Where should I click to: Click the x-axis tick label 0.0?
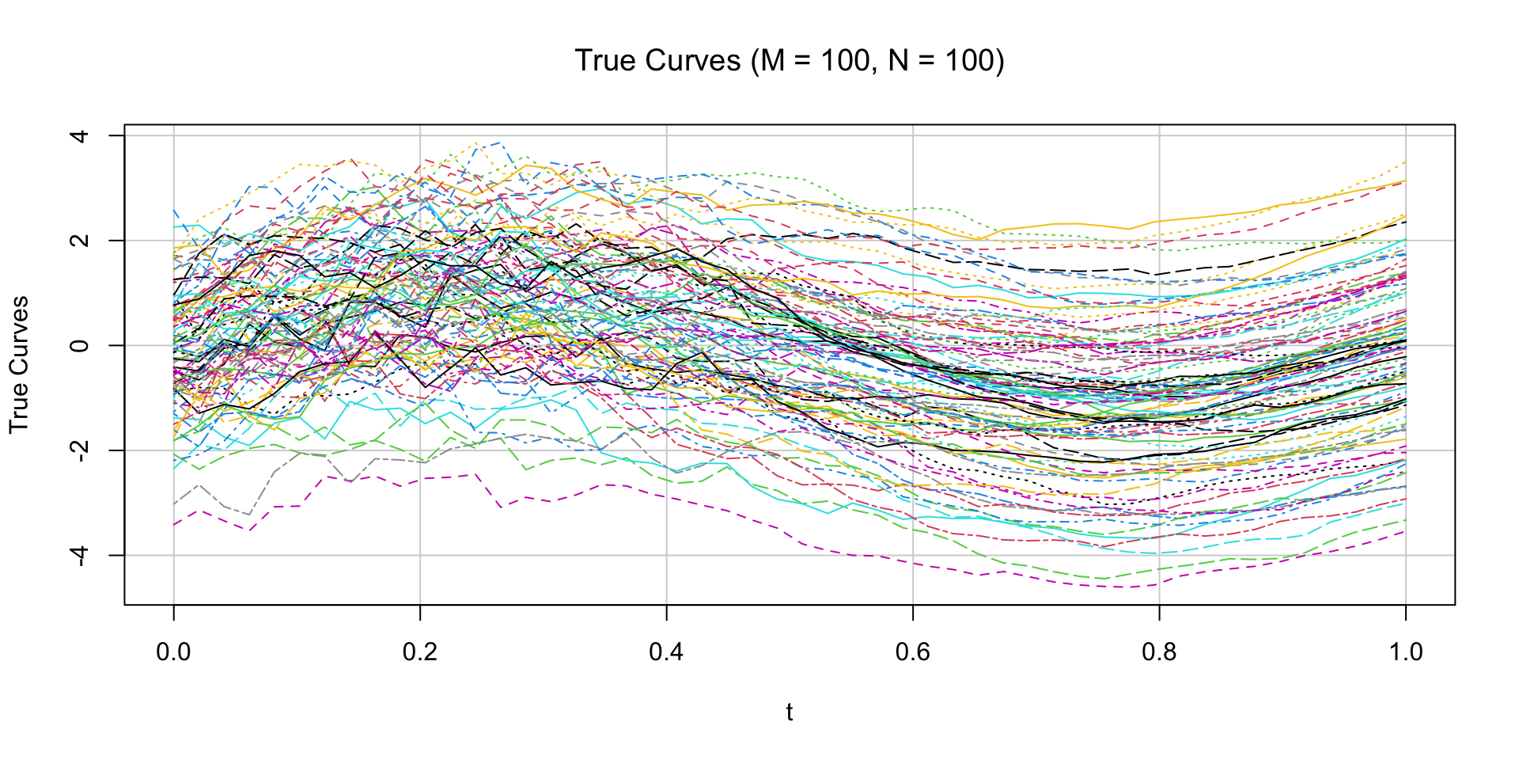coord(173,652)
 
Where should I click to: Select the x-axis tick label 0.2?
coord(420,652)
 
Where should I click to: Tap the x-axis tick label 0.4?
coord(666,652)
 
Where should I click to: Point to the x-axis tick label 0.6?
coord(913,652)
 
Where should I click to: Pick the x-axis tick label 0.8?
coord(1159,652)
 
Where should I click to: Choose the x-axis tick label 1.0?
coord(1405,652)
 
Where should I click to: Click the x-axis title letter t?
coord(790,712)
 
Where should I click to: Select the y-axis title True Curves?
coord(19,364)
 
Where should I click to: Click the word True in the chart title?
coord(604,61)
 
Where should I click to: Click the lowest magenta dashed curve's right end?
coord(1405,531)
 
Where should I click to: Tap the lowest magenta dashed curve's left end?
coord(174,524)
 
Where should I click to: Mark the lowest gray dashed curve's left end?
coord(174,503)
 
